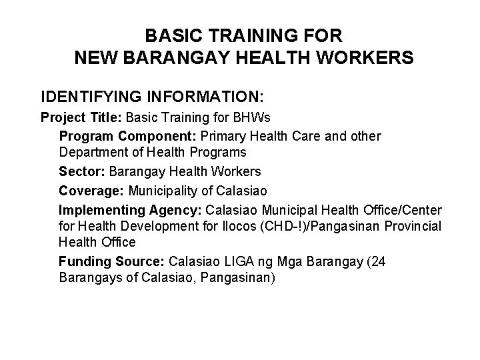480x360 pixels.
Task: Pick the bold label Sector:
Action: tap(82, 172)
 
